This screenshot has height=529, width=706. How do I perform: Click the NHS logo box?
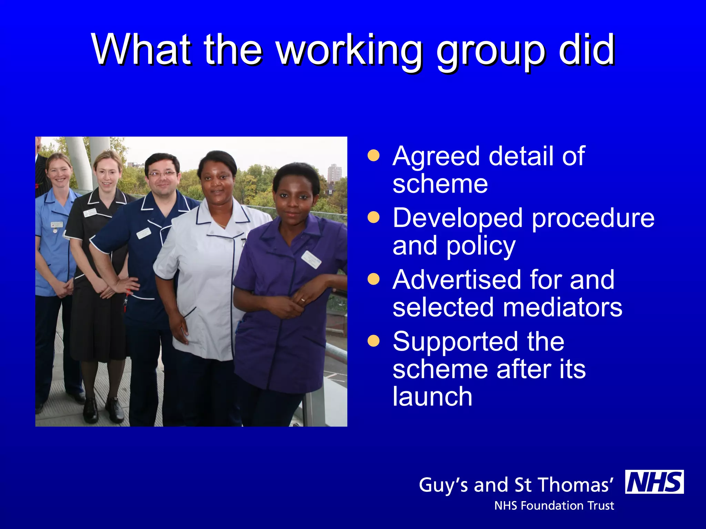[x=654, y=481]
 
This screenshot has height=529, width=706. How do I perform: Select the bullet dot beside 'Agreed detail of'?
[x=373, y=155]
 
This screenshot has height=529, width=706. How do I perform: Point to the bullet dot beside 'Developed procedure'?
[x=373, y=217]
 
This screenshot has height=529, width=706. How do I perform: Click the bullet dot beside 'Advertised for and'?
[x=373, y=279]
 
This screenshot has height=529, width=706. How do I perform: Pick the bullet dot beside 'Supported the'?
[x=373, y=341]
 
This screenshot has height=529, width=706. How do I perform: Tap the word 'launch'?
[x=432, y=396]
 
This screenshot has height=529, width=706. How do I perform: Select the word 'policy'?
[x=481, y=247]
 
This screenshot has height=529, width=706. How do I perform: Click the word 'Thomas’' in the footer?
[x=575, y=485]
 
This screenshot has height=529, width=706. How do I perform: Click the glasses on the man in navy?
[x=161, y=174]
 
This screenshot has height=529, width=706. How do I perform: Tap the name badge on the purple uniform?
[x=311, y=259]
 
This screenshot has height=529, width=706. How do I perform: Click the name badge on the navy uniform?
[x=144, y=233]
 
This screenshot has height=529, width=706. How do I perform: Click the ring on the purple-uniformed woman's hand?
[x=303, y=300]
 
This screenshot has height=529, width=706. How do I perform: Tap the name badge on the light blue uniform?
[x=57, y=225]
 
